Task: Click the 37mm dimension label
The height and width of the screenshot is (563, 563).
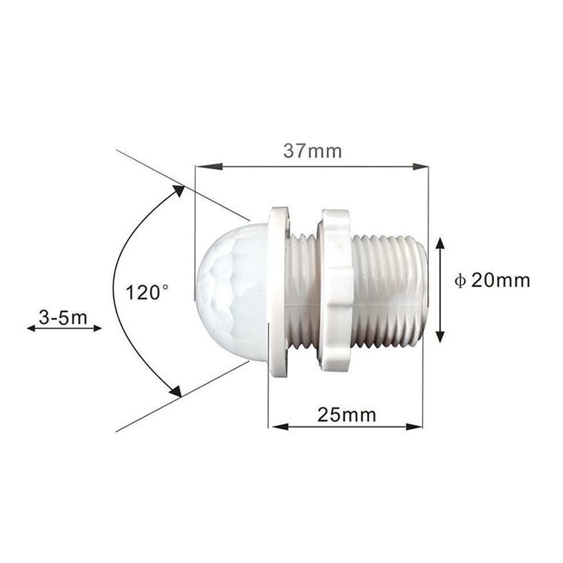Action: [312, 151]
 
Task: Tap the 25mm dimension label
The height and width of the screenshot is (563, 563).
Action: [346, 415]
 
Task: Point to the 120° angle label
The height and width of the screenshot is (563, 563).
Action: [146, 293]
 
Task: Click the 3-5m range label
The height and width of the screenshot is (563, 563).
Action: [63, 318]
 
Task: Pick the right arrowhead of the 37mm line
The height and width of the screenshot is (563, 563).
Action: [421, 167]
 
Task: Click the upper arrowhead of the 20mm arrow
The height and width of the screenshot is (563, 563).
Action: [440, 243]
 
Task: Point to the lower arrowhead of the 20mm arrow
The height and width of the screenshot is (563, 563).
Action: [440, 336]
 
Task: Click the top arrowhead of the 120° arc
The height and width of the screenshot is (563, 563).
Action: [178, 191]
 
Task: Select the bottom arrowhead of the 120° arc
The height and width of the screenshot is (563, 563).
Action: [176, 391]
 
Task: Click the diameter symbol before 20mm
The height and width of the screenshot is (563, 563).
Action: [460, 281]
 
